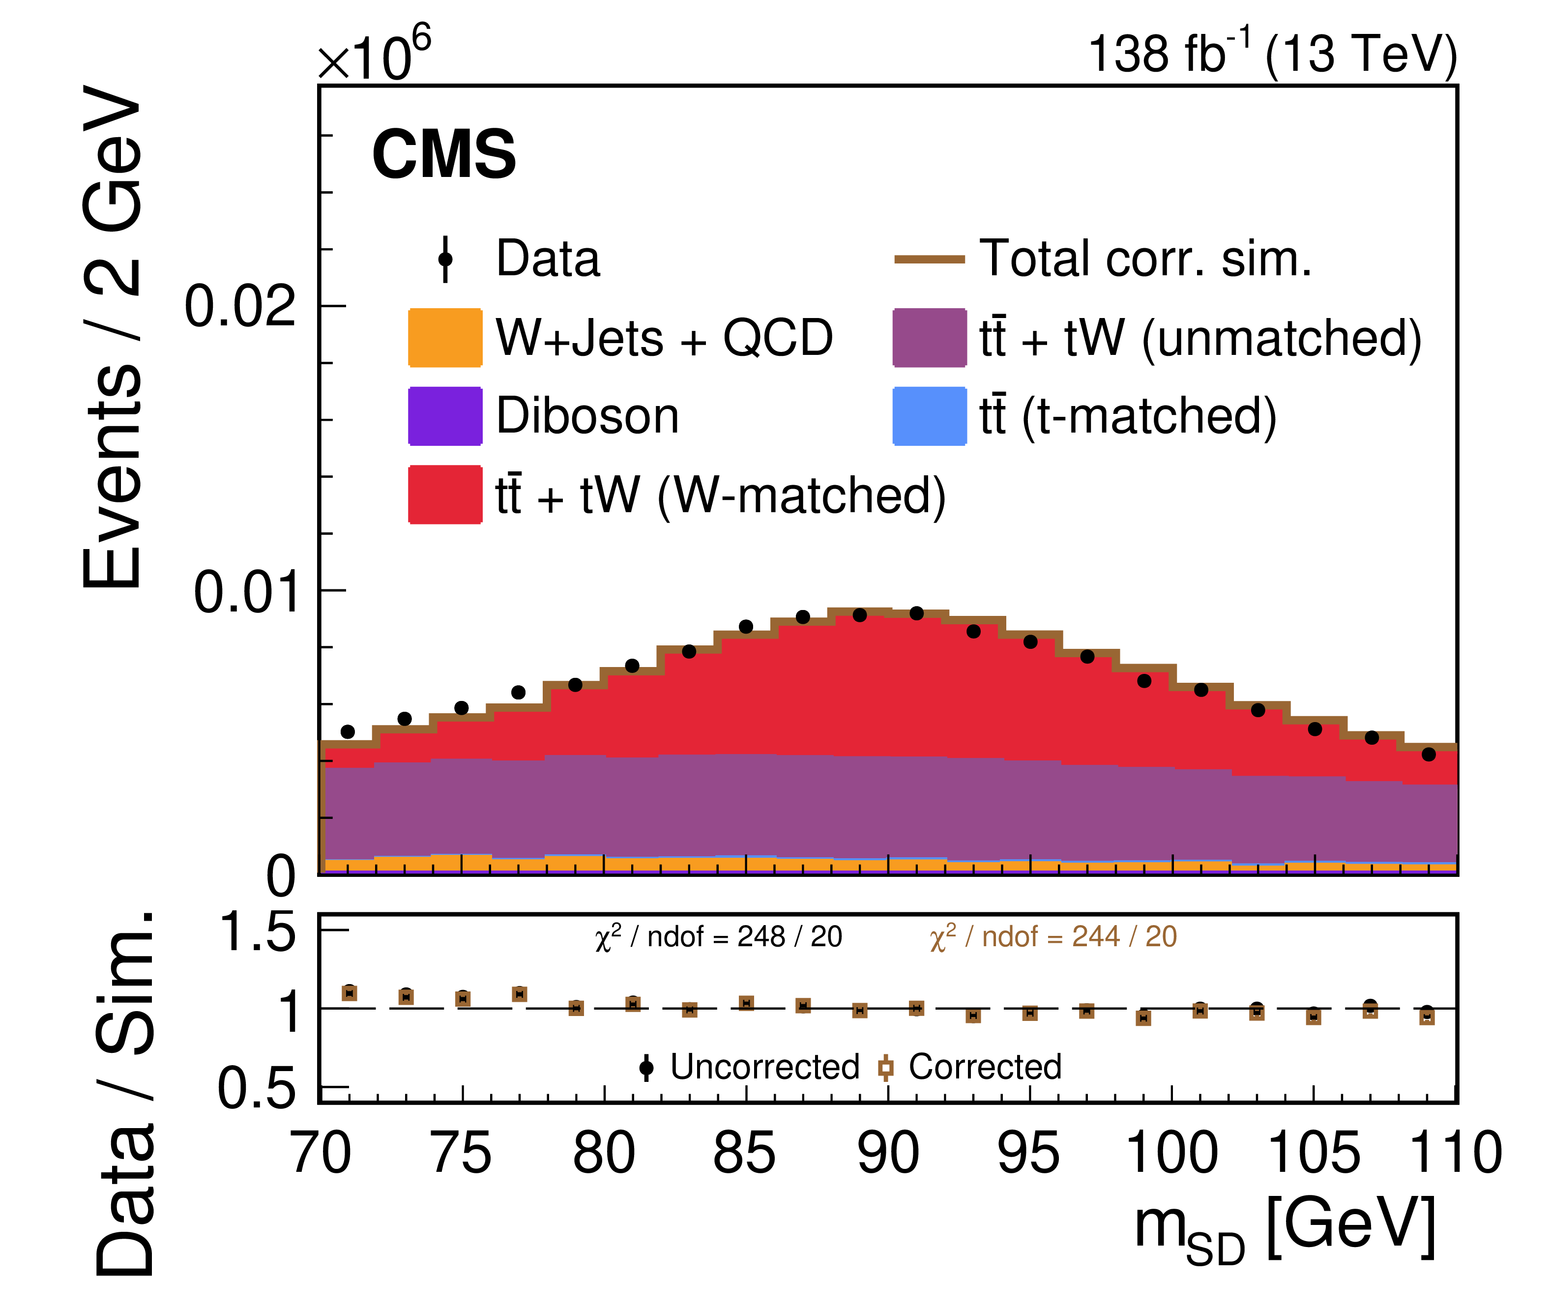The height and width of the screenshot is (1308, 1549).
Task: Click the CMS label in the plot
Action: click(x=443, y=154)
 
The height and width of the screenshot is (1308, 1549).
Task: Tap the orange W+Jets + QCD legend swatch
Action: click(x=445, y=337)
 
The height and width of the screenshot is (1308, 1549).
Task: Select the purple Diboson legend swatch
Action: click(x=445, y=416)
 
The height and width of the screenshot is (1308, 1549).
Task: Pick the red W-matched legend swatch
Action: click(x=445, y=494)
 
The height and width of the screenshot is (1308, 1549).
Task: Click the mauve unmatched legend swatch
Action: click(x=929, y=337)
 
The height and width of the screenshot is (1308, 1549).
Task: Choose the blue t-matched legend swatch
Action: click(x=929, y=416)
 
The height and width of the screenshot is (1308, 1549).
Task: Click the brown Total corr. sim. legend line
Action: click(x=929, y=260)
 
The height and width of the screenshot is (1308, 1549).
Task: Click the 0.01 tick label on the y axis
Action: click(x=245, y=592)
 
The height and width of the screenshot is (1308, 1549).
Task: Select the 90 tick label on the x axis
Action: click(x=888, y=1154)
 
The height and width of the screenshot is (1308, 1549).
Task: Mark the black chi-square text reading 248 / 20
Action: click(x=718, y=937)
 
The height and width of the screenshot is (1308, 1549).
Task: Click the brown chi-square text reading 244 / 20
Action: click(x=1053, y=937)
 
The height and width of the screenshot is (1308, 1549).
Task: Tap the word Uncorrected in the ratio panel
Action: click(x=764, y=1067)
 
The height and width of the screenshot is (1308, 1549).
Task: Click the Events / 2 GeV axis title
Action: click(x=113, y=337)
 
